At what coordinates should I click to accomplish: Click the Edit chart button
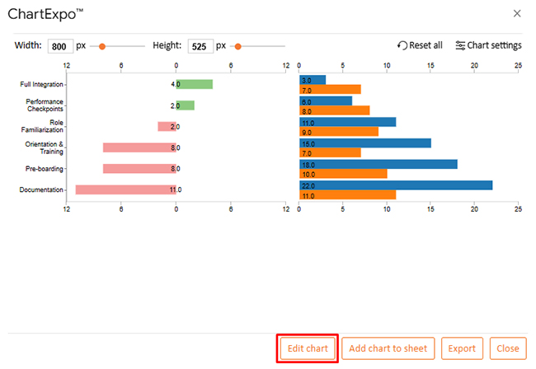tap(307, 348)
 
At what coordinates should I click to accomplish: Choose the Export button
tap(462, 348)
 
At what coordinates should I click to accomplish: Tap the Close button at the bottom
tap(507, 348)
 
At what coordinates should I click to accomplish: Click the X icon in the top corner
tap(517, 13)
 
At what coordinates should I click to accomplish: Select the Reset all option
tap(420, 45)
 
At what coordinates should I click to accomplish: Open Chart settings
tap(488, 45)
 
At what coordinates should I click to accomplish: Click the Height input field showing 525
tap(200, 46)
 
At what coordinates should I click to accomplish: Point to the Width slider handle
tap(102, 46)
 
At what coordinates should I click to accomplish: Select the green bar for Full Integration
tap(195, 84)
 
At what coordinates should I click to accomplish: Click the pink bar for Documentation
tap(125, 189)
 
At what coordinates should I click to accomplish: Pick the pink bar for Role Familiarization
tap(167, 127)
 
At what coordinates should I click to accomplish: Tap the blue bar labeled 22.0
tap(396, 185)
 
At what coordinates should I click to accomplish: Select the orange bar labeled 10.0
tap(343, 174)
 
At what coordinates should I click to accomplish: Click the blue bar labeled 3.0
tap(313, 80)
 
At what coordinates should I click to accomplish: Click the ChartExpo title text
tap(50, 14)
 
